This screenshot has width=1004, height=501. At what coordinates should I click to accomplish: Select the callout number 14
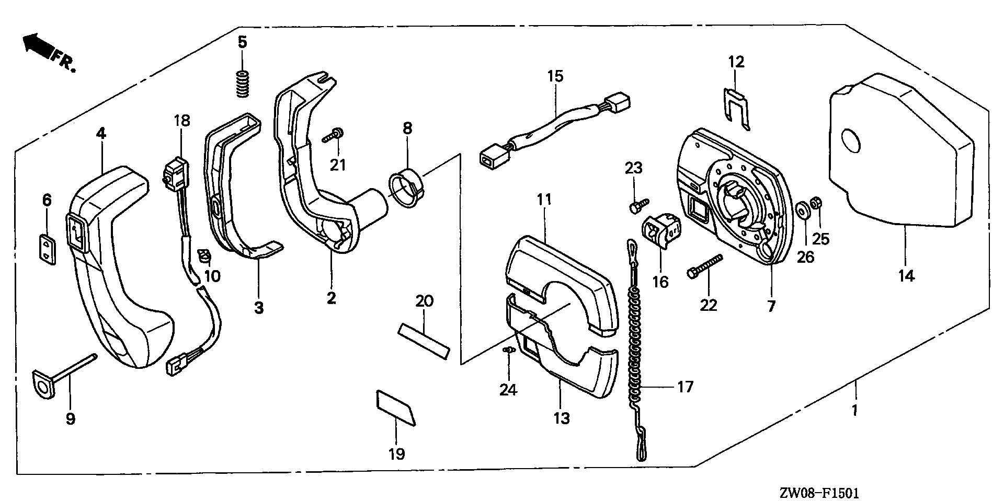tap(907, 275)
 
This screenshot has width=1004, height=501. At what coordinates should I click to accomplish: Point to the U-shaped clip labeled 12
tap(736, 109)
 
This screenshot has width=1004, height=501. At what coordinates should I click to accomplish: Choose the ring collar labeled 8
tap(405, 193)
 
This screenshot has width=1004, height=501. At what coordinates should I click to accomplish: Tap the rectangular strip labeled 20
tap(424, 341)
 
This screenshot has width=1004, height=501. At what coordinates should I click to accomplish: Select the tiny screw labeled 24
tap(506, 349)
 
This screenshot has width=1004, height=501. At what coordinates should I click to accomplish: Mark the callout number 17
tap(685, 387)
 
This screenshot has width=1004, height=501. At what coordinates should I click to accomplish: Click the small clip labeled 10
tap(205, 256)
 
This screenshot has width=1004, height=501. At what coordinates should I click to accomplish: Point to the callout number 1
tap(854, 410)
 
